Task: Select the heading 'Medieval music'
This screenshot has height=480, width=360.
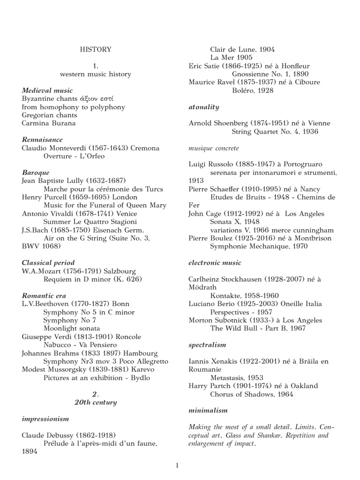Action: tap(47, 90)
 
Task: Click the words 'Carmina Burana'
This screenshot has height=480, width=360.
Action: tap(49, 123)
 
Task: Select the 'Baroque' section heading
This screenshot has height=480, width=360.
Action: tap(36, 172)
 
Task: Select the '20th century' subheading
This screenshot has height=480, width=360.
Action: tap(96, 402)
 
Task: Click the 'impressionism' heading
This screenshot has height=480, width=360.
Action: tap(45, 419)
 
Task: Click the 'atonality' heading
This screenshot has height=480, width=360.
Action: tap(203, 107)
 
